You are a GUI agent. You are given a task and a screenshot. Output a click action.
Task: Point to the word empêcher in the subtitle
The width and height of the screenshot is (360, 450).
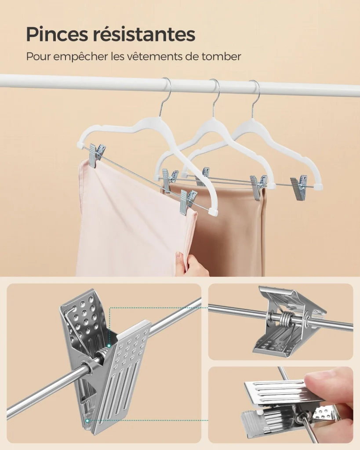[80, 57]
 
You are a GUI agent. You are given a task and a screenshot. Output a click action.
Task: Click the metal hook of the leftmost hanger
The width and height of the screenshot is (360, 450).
[166, 95]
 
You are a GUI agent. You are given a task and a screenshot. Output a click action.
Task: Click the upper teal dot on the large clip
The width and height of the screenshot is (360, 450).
[109, 345]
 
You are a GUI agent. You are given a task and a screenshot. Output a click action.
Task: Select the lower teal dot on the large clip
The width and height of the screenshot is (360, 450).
[87, 421]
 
